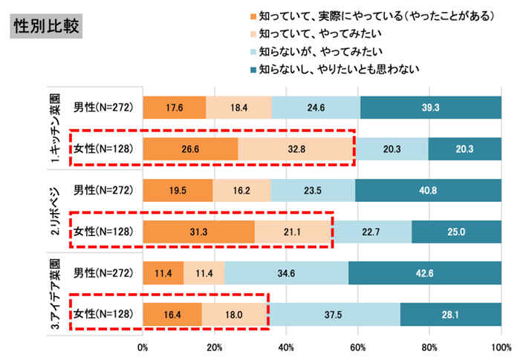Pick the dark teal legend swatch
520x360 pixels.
tap(253, 70)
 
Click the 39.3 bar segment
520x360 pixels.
tap(431, 108)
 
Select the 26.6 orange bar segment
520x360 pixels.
tap(190, 148)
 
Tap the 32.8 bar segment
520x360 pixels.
tap(296, 148)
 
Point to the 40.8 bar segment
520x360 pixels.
tap(429, 190)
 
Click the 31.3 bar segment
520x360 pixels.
tap(198, 232)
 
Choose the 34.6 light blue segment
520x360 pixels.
tap(286, 273)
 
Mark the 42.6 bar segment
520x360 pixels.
tap(425, 273)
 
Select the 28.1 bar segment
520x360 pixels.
tap(451, 315)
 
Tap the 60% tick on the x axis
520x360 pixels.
tap(358, 346)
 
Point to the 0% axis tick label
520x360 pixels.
tap(143, 346)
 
